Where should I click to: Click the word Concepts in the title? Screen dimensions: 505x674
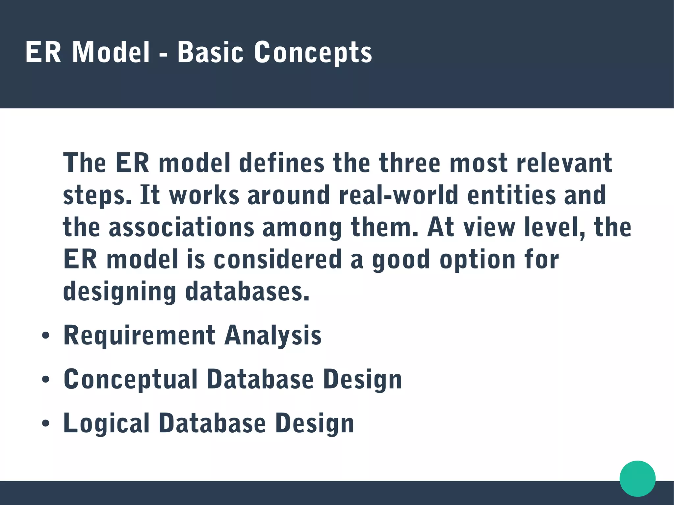tap(313, 53)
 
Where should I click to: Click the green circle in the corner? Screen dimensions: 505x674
tap(637, 478)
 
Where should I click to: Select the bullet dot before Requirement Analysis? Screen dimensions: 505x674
tap(46, 336)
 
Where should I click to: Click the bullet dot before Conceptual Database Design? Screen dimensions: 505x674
tap(46, 380)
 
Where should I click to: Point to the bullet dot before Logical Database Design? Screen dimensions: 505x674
tap(46, 424)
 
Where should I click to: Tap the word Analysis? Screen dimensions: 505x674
tap(273, 336)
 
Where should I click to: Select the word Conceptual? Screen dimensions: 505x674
tap(131, 379)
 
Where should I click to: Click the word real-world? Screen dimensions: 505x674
tap(399, 195)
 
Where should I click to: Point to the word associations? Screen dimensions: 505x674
tap(181, 227)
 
